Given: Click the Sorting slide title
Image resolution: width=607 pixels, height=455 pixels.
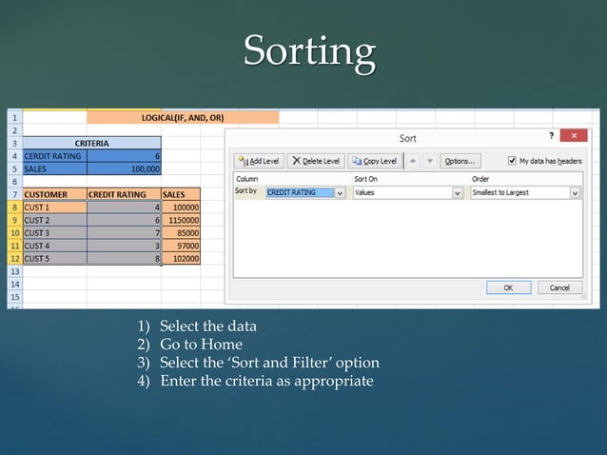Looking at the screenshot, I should (309, 51).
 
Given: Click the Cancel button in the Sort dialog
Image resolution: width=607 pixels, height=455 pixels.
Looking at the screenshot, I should (559, 287).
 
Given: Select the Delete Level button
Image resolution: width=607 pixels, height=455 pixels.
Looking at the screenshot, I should (315, 161).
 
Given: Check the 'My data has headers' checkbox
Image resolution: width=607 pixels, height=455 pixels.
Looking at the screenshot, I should (514, 161).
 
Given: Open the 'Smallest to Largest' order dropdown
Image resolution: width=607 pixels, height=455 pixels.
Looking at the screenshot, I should (525, 192).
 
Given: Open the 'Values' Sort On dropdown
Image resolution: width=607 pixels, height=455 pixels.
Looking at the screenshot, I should (407, 192).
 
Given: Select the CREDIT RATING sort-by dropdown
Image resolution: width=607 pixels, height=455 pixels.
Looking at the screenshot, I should (304, 192).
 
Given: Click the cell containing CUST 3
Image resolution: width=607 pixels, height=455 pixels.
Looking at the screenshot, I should (53, 232).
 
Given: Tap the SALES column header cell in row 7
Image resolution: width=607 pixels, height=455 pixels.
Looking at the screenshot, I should (180, 194).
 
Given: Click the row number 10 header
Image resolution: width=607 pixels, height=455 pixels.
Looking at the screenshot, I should (14, 232).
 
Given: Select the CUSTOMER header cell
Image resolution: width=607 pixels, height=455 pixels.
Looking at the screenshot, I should (53, 194).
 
